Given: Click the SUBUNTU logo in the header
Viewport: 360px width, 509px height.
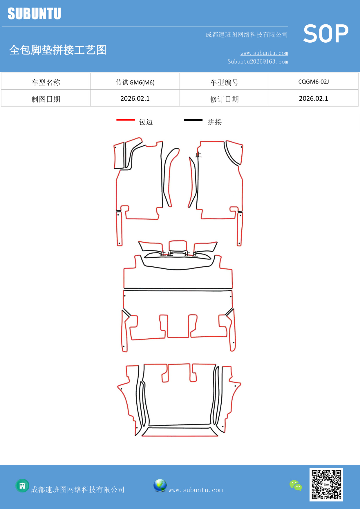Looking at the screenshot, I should [34, 14].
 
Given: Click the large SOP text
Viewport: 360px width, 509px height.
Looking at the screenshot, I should [326, 34].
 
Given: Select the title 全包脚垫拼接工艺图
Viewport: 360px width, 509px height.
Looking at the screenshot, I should [58, 50].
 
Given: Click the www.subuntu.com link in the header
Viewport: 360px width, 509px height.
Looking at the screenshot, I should [264, 53].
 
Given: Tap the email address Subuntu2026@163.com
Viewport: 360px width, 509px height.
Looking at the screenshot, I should [258, 62].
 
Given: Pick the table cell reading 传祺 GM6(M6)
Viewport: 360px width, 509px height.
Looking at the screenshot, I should [135, 82].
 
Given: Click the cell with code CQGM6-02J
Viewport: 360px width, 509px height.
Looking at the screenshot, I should [313, 82].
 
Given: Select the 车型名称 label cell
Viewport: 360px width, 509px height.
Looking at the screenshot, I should [46, 82].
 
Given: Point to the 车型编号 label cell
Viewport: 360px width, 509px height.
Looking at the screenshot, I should [224, 82].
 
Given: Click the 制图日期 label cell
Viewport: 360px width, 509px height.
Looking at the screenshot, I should [46, 99].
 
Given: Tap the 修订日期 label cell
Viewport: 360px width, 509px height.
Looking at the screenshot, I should [224, 99].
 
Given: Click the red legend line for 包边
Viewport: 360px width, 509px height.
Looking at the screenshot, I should [125, 120].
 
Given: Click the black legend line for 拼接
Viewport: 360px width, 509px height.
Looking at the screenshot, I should [193, 120].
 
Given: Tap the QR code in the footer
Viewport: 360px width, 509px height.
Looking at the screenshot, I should [326, 484].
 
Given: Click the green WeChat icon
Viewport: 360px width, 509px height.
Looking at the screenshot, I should [296, 485].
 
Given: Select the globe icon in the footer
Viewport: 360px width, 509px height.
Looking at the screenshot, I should [160, 485].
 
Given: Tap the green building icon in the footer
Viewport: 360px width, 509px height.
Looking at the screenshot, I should [22, 485].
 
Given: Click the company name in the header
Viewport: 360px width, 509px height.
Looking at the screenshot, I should [246, 35].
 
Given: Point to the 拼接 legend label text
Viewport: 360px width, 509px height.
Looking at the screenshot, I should [214, 122].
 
